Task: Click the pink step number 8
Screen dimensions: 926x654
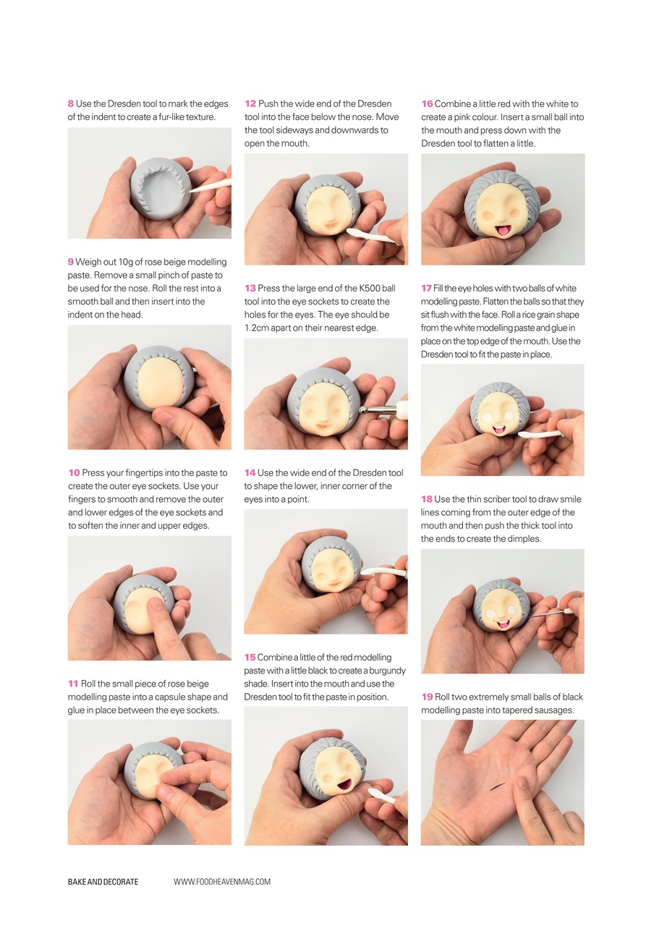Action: pyautogui.click(x=71, y=104)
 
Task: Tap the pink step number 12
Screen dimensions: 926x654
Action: pyautogui.click(x=250, y=104)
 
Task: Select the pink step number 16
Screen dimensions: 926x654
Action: pyautogui.click(x=427, y=104)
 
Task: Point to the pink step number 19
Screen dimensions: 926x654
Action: pyautogui.click(x=427, y=697)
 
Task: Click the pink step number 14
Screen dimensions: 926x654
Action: pyautogui.click(x=250, y=473)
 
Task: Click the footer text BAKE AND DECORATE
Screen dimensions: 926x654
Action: pyautogui.click(x=103, y=882)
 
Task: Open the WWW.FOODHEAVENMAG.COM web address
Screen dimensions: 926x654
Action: pyautogui.click(x=222, y=882)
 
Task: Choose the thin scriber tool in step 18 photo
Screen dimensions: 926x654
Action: pyautogui.click(x=550, y=613)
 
